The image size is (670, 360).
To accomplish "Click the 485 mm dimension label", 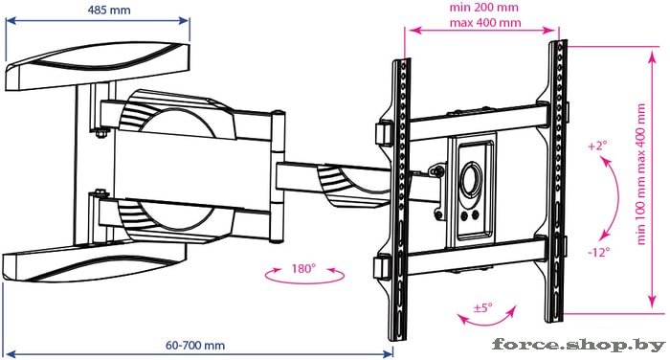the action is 109,10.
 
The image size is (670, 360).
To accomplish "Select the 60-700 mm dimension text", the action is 195,345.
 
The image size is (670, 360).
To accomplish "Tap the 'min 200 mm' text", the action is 483,8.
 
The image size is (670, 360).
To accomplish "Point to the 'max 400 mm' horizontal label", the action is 485,22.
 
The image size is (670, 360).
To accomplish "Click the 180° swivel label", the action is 303,268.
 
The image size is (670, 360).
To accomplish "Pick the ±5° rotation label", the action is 482,307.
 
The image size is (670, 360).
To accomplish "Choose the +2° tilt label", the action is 597,146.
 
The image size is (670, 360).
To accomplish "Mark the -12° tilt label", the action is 598,252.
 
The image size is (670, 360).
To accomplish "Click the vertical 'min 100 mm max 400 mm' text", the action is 641,174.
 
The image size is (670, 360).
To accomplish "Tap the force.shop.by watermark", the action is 579,345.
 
